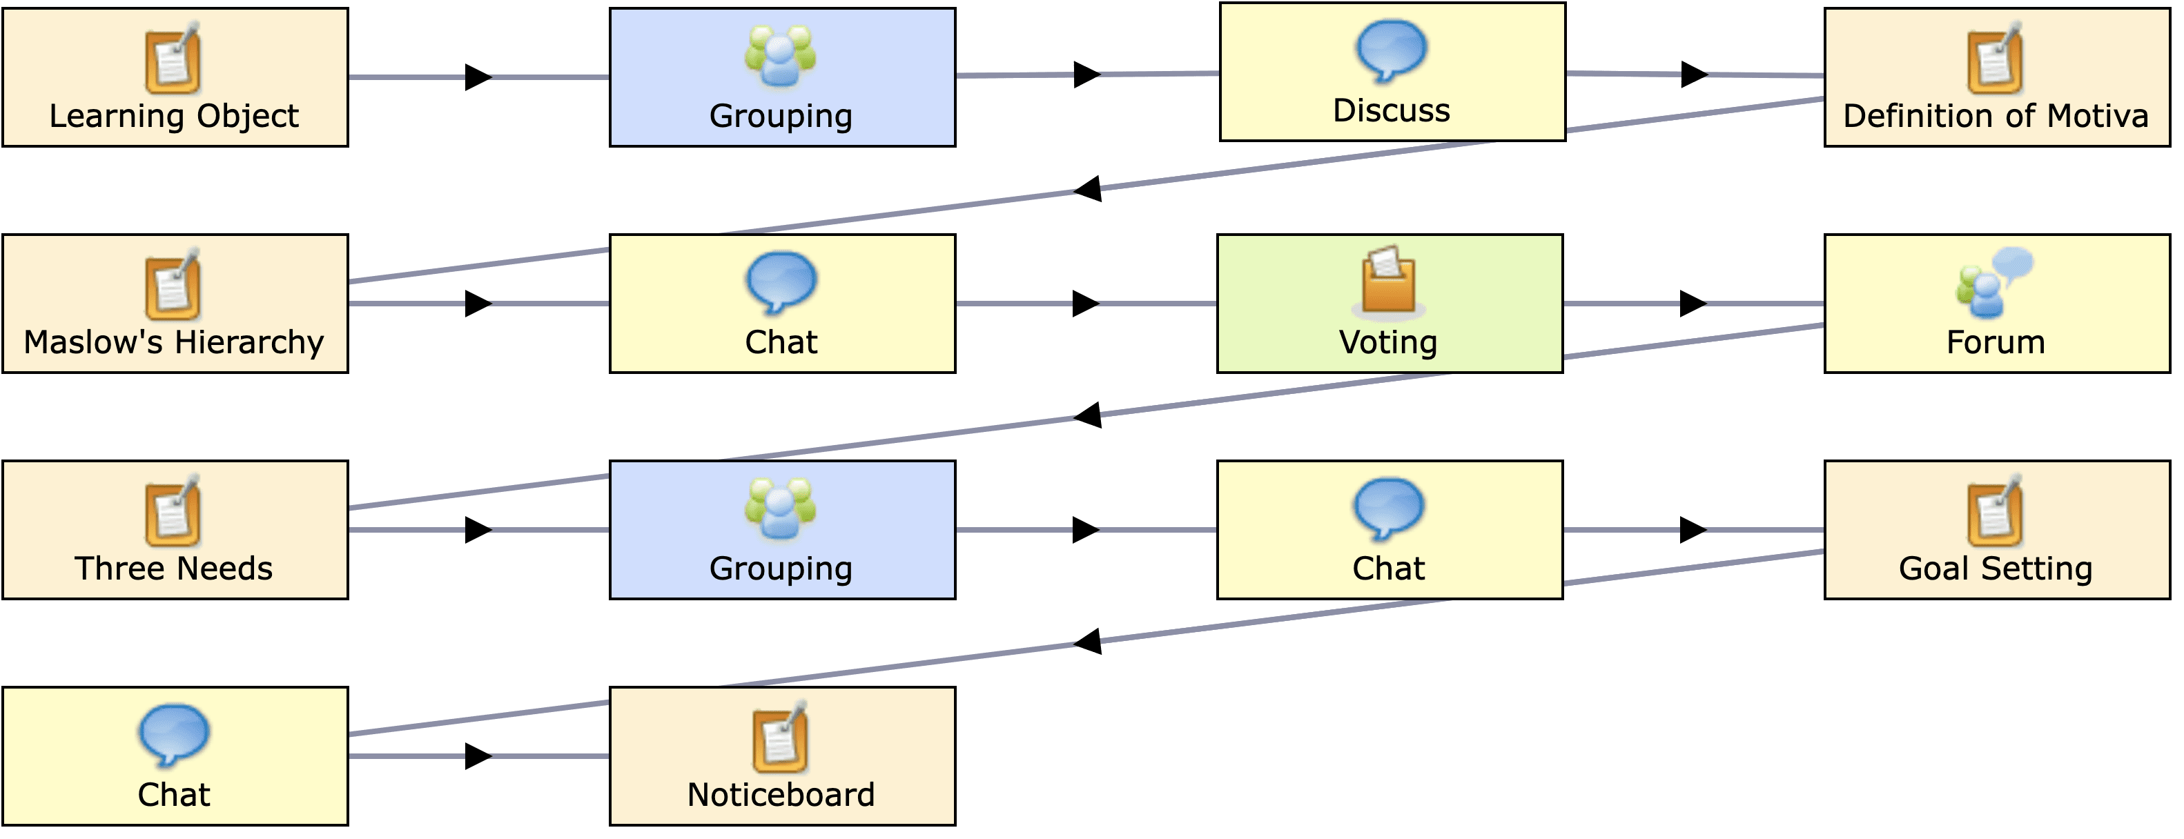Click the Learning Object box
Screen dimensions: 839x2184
175,77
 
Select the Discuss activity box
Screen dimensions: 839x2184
1392,72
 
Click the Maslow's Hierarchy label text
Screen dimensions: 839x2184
174,342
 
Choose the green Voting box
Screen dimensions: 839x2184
1389,304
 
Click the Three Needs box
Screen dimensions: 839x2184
175,530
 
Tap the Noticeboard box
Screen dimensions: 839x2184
781,756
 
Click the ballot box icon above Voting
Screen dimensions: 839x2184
1388,279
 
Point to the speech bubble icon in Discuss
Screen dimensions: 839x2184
1392,50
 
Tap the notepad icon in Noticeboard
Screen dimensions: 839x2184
780,736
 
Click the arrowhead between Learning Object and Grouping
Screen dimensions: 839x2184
478,77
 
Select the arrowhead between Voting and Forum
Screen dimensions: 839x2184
1693,304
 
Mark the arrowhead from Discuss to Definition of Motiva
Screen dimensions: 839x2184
1694,75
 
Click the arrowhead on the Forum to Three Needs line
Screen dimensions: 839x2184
1088,415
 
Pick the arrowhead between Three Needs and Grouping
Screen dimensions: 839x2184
478,530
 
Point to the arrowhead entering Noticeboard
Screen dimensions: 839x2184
478,756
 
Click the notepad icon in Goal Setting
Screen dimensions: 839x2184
1995,511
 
